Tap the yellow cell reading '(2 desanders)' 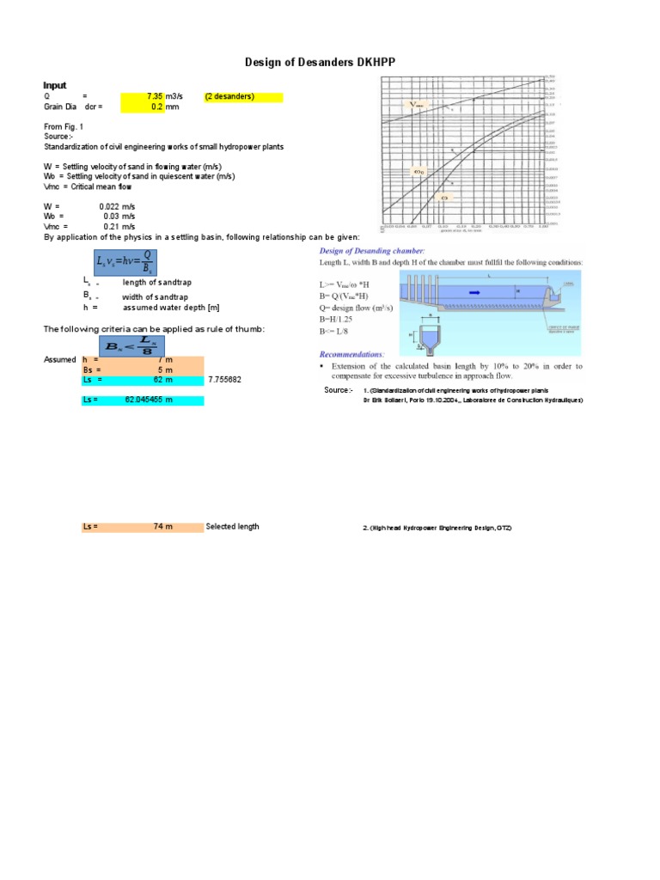[242, 96]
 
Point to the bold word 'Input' [55, 86]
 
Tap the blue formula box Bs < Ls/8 [122, 345]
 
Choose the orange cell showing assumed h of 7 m [143, 359]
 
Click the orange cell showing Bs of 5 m [143, 370]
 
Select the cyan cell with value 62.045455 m [143, 400]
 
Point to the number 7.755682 [224, 380]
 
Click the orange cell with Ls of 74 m [143, 527]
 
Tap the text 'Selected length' [232, 527]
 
